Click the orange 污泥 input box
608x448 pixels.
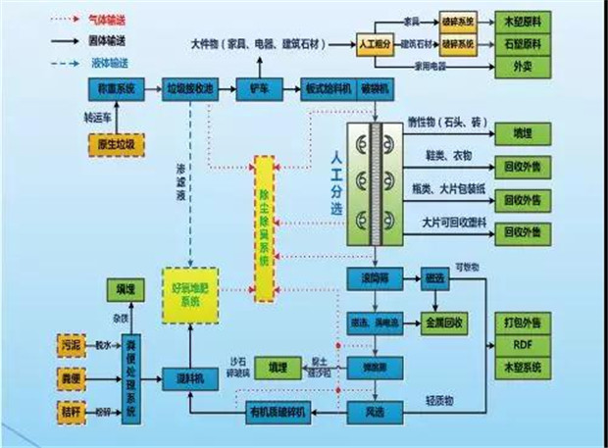(72, 345)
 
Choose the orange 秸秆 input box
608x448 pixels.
(72, 405)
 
